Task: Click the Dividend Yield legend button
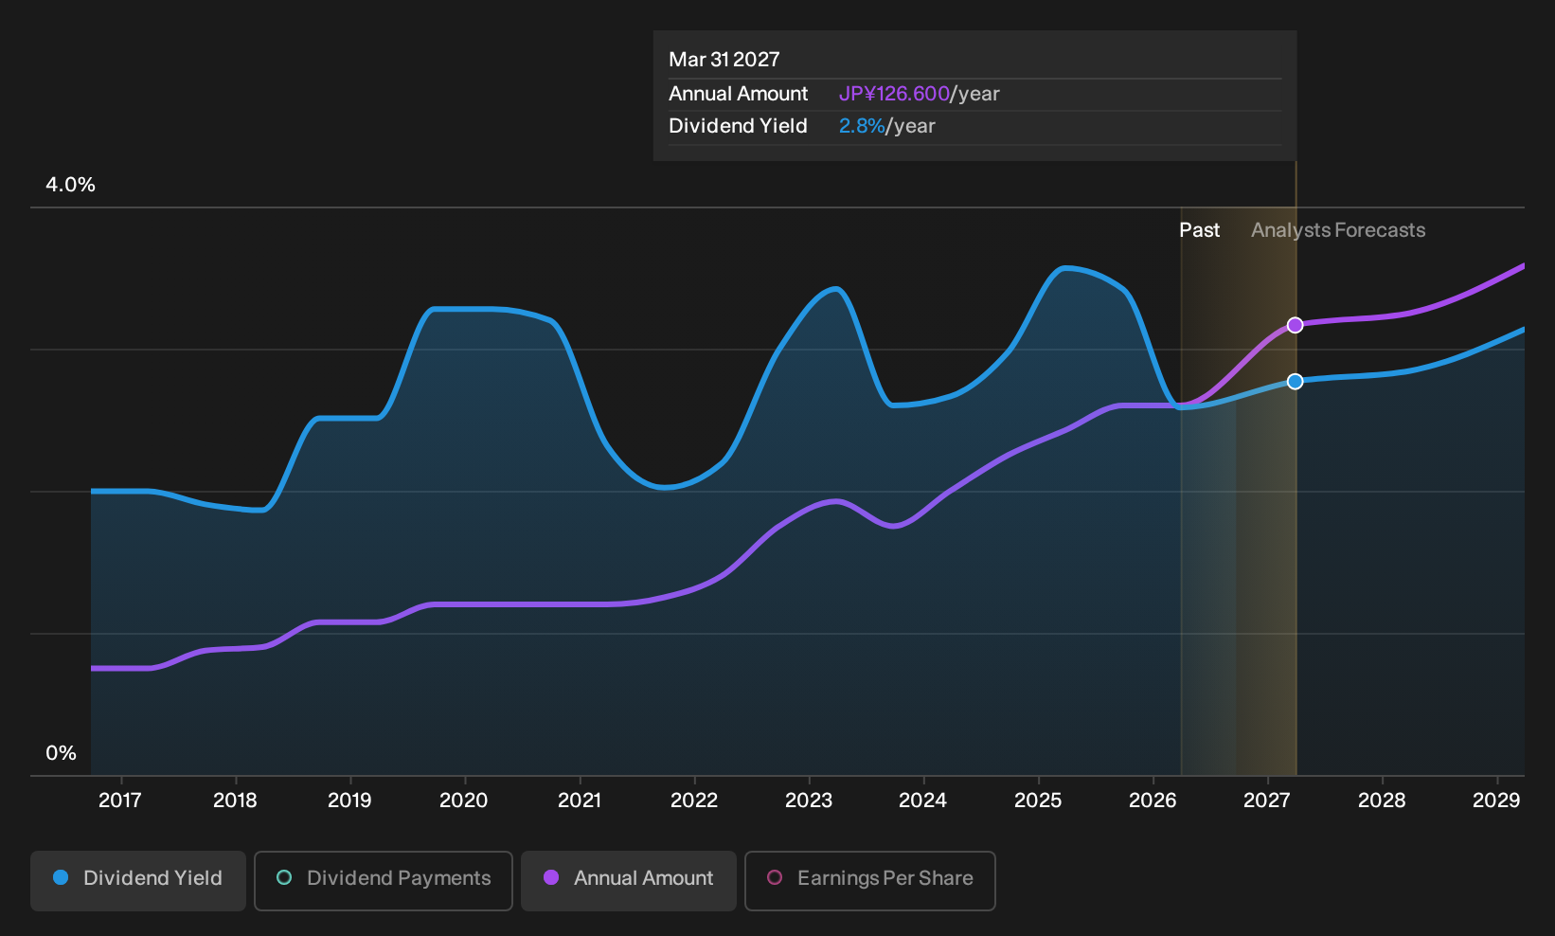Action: (138, 880)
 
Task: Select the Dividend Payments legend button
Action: (384, 880)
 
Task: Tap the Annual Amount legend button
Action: (628, 880)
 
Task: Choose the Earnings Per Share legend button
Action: (869, 880)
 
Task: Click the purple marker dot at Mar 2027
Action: (1295, 325)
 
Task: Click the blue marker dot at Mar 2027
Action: (1295, 381)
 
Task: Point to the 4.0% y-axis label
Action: (70, 185)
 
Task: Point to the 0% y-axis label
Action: (62, 753)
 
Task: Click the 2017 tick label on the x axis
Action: (120, 801)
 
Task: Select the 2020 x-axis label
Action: (464, 801)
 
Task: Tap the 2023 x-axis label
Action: (809, 801)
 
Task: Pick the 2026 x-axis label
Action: (1153, 801)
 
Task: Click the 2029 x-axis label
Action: (1496, 801)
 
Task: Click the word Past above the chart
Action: (1200, 230)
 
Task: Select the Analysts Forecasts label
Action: (1338, 230)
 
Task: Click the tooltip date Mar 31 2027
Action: (724, 60)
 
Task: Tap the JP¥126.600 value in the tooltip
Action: (894, 94)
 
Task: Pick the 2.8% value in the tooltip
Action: (862, 126)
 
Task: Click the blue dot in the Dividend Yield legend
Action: (62, 877)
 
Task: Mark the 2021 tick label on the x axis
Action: (580, 801)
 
